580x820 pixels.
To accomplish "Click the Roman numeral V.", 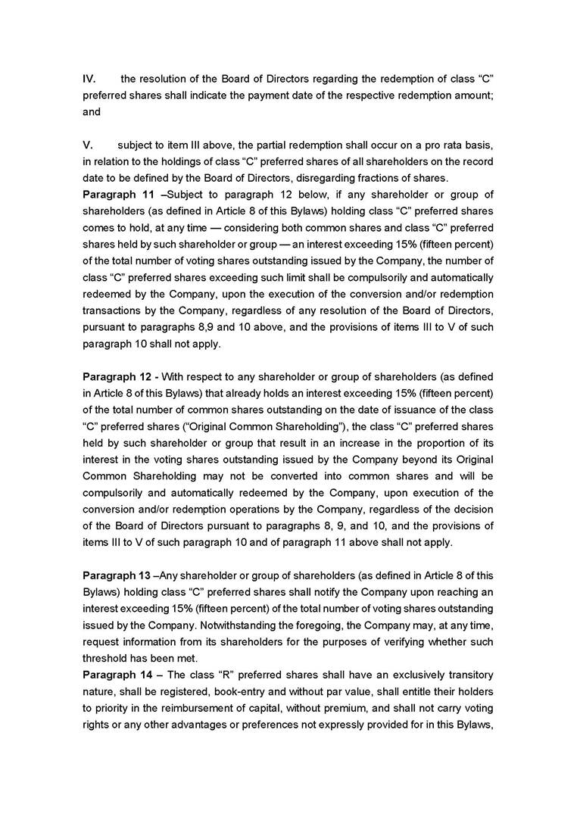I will pos(87,145).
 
